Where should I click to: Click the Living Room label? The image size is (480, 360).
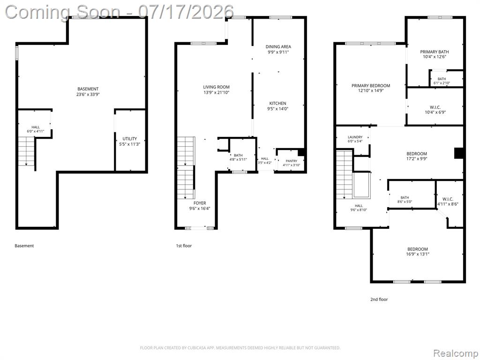(216, 87)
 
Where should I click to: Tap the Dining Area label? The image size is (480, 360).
(278, 46)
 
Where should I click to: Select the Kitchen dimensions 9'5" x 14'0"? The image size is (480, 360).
(277, 109)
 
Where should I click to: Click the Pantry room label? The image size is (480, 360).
(292, 161)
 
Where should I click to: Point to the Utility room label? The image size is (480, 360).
(130, 139)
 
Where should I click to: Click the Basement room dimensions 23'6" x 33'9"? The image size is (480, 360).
(88, 94)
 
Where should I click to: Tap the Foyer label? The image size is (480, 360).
(200, 203)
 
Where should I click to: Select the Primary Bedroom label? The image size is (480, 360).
(371, 86)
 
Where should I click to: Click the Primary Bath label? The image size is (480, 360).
(435, 52)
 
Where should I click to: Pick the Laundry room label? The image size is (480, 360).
(355, 137)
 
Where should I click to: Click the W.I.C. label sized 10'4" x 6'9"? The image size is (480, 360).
(435, 107)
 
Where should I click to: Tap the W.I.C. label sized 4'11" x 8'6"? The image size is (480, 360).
(448, 199)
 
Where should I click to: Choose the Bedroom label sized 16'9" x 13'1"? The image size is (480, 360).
(418, 249)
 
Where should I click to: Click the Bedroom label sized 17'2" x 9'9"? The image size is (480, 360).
(417, 154)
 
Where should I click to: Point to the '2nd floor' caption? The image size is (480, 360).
(379, 300)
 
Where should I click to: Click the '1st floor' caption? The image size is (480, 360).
(184, 246)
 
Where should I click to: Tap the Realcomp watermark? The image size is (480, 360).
(455, 353)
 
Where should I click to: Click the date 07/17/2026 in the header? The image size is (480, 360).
(186, 12)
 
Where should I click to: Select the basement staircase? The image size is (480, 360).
(26, 151)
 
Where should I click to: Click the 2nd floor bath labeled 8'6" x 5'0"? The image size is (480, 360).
(405, 198)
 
